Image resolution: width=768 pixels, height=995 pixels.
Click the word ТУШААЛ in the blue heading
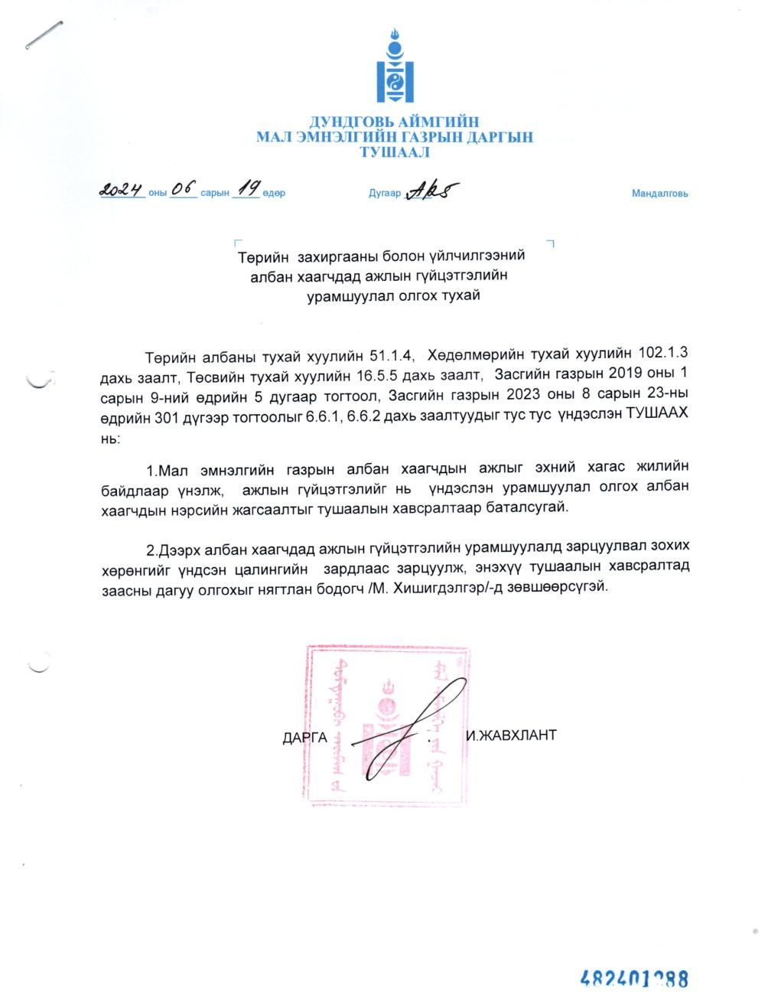tap(395, 152)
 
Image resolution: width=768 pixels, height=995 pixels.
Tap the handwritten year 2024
tap(122, 190)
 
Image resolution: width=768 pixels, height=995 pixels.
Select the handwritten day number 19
tap(246, 188)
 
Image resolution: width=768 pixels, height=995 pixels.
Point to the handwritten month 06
tap(184, 189)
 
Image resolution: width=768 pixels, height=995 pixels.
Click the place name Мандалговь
tap(659, 194)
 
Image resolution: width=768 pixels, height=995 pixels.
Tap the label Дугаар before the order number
tap(384, 194)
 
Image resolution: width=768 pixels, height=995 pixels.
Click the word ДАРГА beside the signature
tap(304, 738)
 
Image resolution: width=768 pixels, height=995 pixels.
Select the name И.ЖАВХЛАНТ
tap(511, 736)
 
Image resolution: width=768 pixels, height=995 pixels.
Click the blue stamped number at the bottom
tap(634, 978)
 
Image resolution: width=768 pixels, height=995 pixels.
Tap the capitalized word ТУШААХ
tap(656, 413)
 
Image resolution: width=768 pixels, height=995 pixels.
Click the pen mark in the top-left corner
tap(44, 36)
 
